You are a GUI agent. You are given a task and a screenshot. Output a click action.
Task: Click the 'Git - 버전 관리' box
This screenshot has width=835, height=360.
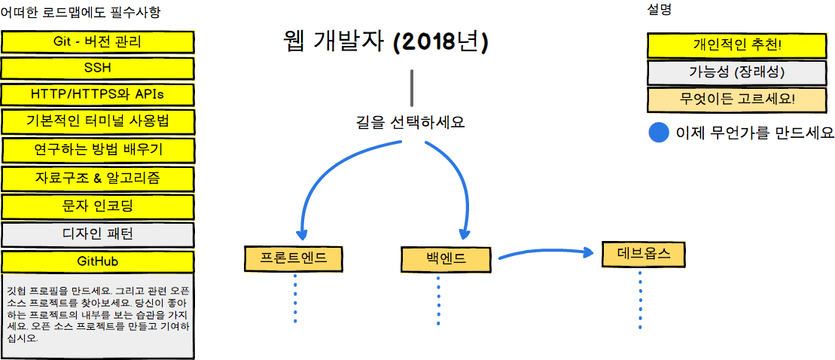(97, 41)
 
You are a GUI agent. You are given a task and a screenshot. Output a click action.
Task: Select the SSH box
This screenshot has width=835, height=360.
(97, 69)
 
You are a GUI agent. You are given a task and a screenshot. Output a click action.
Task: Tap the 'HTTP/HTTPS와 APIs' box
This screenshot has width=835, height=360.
(97, 95)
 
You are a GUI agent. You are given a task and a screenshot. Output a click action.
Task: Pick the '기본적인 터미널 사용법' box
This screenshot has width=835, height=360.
(97, 122)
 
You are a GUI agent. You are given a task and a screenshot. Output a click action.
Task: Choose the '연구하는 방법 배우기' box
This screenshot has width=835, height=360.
(97, 150)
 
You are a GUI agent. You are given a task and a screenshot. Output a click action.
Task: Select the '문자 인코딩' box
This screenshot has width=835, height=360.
(97, 206)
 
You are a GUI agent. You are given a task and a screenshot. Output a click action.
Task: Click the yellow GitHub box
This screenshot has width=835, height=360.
(97, 262)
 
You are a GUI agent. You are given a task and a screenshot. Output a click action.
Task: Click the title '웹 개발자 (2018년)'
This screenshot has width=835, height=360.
(386, 44)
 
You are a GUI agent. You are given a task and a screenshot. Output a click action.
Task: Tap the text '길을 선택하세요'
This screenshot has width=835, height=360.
(410, 123)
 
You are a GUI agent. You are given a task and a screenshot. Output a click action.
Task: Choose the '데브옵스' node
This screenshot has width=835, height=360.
(643, 254)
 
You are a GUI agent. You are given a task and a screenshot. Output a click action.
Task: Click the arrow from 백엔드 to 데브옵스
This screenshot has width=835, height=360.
(546, 252)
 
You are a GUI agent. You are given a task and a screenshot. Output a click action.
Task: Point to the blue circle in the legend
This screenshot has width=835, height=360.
(658, 133)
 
